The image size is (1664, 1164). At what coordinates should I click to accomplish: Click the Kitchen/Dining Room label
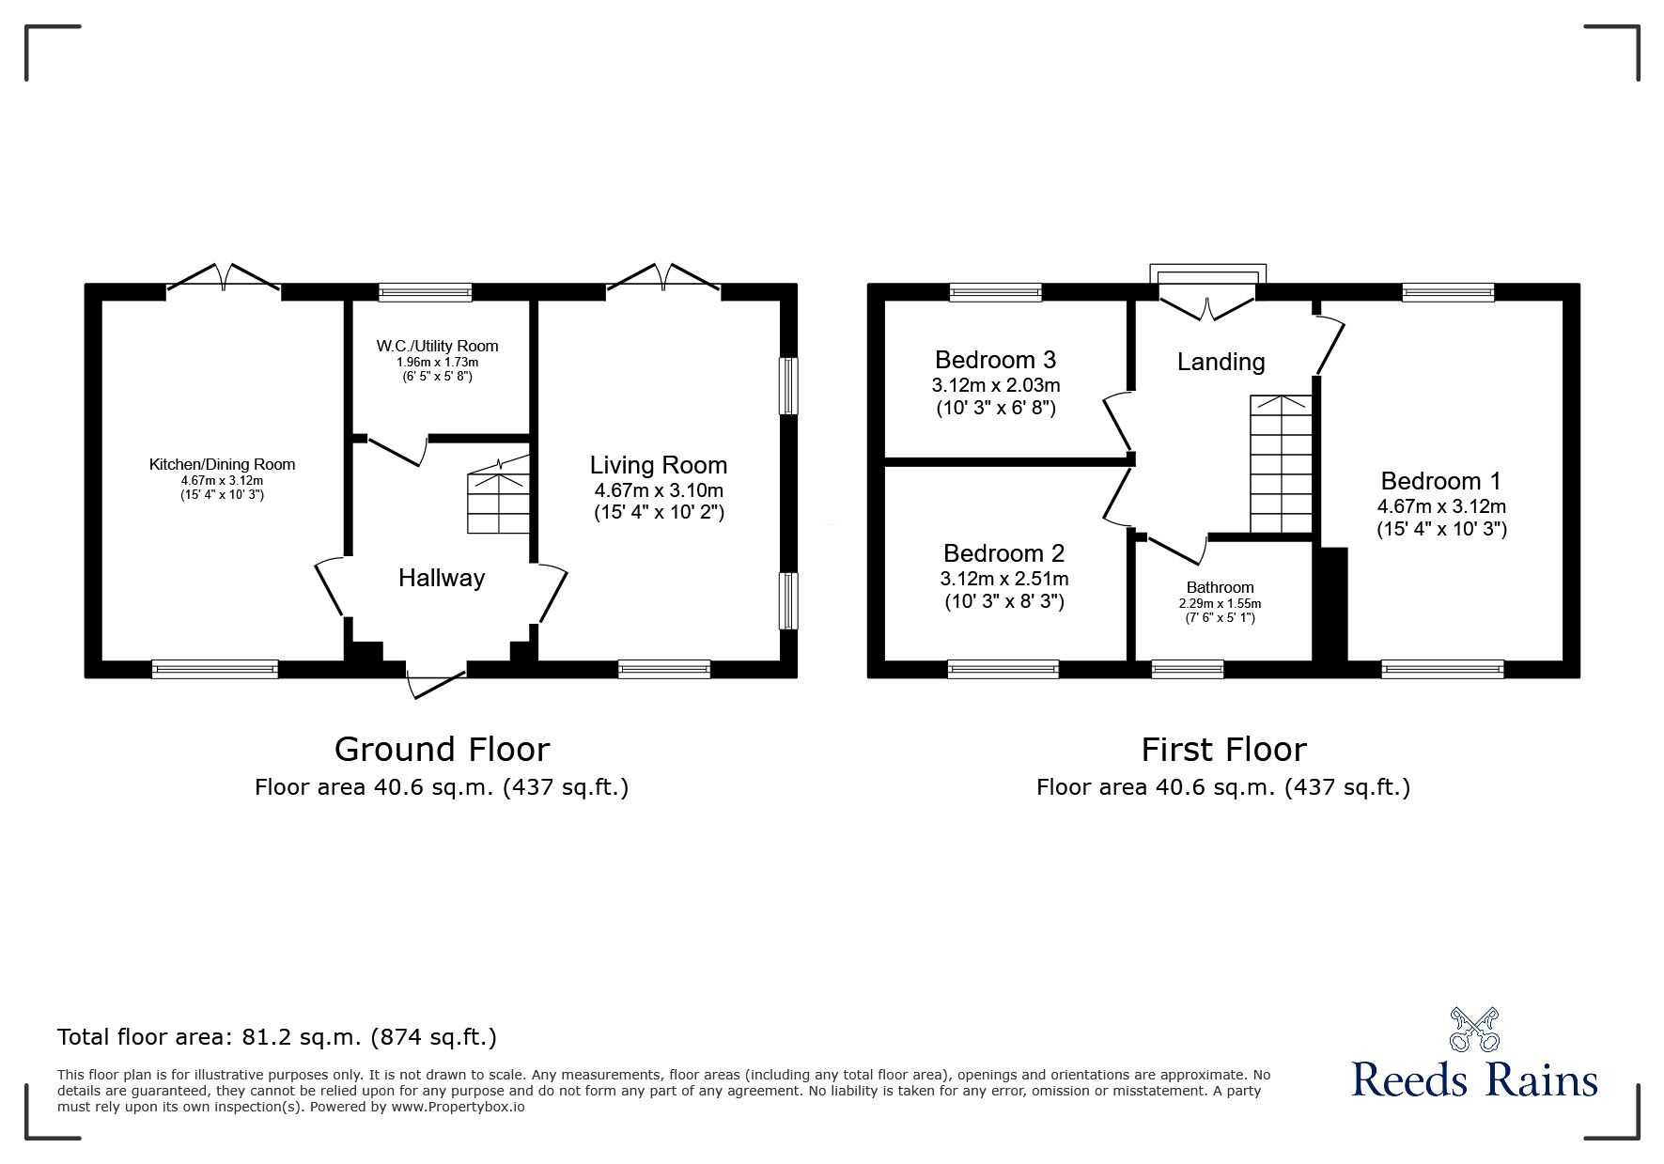tap(222, 464)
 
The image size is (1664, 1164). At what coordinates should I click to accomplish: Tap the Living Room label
tap(659, 465)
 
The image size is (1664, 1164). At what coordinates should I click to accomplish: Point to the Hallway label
tap(442, 578)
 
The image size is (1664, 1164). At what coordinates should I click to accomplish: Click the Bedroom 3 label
tap(995, 360)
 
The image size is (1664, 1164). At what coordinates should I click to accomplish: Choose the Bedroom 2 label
tap(1003, 553)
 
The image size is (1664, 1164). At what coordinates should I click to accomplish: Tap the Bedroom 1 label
tap(1441, 481)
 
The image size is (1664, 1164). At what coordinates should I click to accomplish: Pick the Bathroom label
tap(1220, 587)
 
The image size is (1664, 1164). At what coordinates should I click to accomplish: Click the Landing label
tap(1221, 362)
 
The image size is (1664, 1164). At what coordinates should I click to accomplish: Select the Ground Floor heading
tap(442, 749)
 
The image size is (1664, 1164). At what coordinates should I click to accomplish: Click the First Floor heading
tap(1223, 749)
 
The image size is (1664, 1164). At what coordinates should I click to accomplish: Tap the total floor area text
tap(277, 1037)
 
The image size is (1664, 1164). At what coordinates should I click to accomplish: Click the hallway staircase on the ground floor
tap(499, 495)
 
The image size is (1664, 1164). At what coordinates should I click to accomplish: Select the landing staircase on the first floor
tap(1280, 464)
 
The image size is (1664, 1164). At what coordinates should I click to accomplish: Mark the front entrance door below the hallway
tap(438, 682)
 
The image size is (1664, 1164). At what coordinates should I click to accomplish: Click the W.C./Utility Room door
tap(397, 450)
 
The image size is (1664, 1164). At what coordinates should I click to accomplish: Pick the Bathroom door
tap(1174, 550)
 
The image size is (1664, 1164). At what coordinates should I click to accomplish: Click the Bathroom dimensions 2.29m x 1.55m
tap(1220, 604)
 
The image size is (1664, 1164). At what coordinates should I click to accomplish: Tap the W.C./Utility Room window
tap(425, 292)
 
